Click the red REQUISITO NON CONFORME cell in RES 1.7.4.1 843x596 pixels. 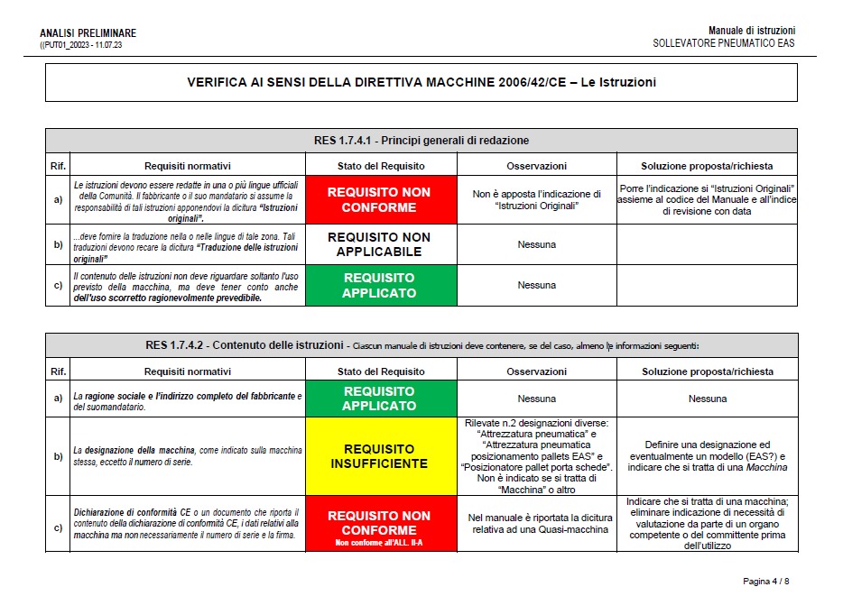379,199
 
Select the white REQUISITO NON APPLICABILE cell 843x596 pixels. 379,244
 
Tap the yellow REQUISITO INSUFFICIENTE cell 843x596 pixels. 379,455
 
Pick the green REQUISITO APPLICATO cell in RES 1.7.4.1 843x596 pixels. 379,285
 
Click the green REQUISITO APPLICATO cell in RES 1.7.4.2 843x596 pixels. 379,399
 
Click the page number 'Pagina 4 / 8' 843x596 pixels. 766,580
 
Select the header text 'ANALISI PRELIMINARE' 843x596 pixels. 88,33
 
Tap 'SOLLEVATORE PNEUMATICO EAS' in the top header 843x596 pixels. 724,43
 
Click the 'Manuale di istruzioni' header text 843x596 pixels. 752,31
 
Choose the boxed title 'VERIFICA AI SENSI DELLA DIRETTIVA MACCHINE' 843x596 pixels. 421,82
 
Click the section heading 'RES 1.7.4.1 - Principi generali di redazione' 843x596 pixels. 421,140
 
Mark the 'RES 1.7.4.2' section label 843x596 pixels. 177,344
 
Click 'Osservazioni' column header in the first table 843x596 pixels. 536,166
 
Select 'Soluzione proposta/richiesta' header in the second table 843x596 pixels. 707,371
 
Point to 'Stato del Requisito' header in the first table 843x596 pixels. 381,166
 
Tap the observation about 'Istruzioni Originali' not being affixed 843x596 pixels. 536,199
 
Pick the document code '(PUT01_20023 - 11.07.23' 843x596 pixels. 81,44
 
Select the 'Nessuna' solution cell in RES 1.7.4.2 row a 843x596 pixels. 707,399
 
